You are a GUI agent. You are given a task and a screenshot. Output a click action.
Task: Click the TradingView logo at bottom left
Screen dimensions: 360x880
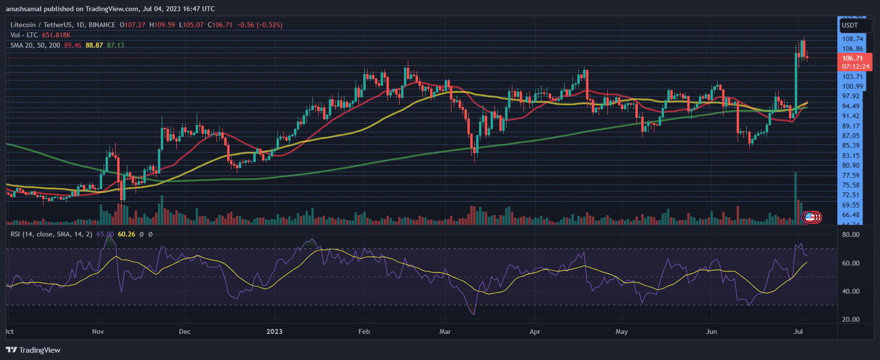[x=33, y=350]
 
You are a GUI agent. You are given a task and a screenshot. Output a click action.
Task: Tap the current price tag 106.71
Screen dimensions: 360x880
[x=852, y=58]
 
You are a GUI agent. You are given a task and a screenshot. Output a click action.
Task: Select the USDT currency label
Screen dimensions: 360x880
[x=849, y=25]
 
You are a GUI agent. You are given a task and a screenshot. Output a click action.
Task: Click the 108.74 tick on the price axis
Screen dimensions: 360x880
[x=852, y=39]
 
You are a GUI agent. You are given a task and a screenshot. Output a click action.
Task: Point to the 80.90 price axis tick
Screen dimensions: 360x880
[x=851, y=165]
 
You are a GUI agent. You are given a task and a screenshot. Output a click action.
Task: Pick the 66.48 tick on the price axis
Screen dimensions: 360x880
[x=851, y=215]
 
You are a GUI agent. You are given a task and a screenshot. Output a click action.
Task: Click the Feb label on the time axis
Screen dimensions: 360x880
[x=364, y=331]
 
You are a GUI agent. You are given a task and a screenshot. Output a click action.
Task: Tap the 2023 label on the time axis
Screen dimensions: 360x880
[x=274, y=331]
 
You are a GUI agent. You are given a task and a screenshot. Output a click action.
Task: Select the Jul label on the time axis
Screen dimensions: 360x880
[x=798, y=331]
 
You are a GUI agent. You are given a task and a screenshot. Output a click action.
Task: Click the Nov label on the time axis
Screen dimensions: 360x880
[x=98, y=331]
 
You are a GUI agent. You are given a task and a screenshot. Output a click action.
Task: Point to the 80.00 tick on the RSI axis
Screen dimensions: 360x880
[x=851, y=235]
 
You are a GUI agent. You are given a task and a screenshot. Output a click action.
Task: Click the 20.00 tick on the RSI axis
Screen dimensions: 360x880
[x=851, y=319]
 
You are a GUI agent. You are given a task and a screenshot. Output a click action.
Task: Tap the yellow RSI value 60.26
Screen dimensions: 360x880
[x=126, y=234]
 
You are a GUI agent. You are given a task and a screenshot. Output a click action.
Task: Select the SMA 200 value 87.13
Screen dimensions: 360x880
[x=115, y=45]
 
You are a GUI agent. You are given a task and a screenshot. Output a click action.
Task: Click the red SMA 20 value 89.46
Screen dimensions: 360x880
[x=73, y=45]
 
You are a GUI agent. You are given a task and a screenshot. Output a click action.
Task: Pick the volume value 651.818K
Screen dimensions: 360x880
[x=56, y=35]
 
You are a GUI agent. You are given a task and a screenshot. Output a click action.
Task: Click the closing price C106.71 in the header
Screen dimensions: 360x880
[x=220, y=25]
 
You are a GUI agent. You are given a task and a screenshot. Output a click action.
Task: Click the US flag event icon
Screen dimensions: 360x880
[x=809, y=217]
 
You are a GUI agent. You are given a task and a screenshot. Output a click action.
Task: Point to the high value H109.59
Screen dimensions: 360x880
[x=162, y=25]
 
